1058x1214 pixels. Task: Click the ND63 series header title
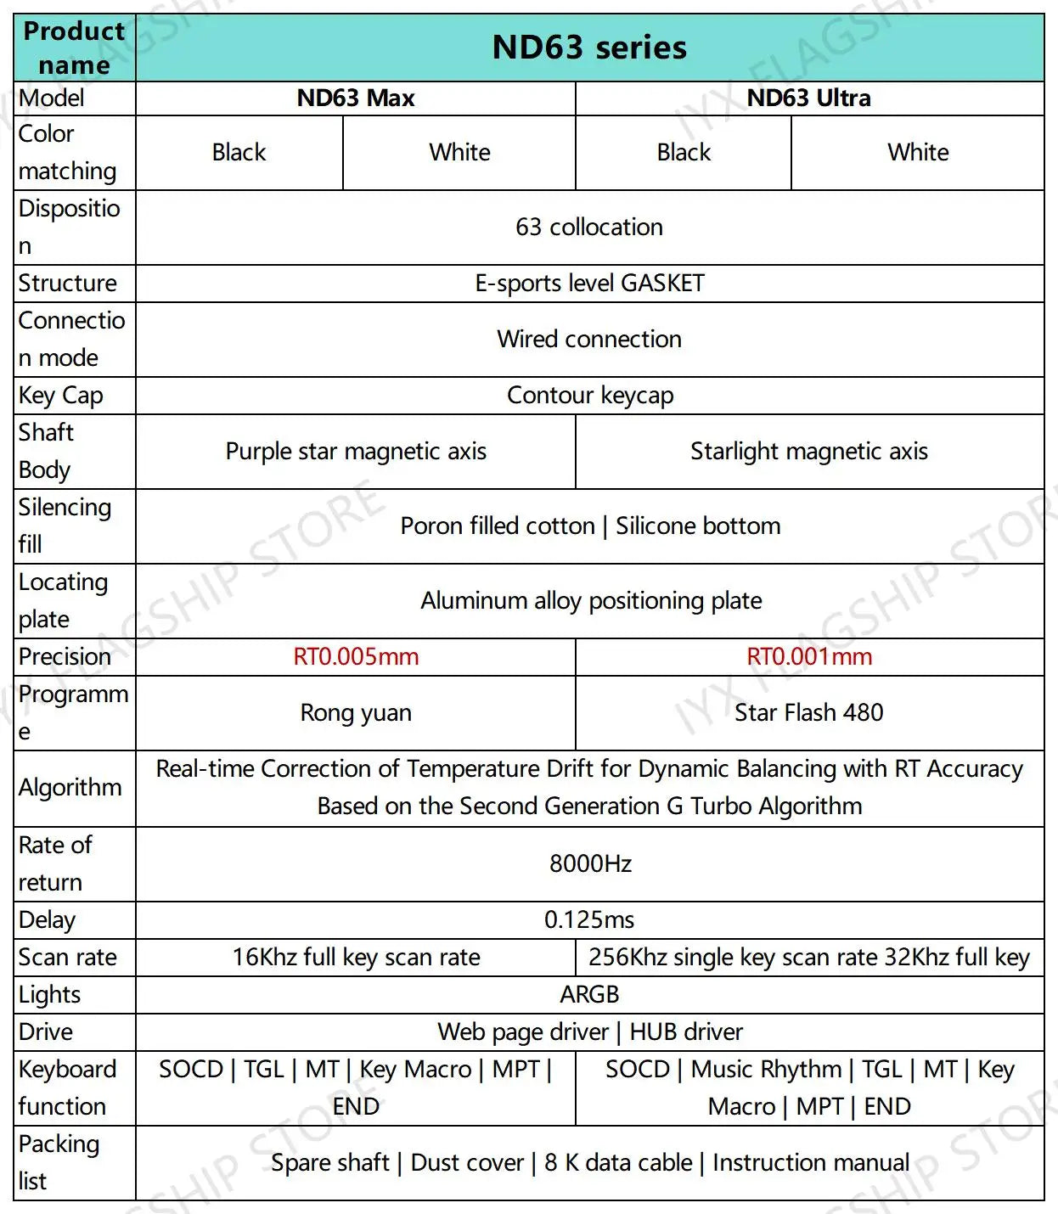coord(589,48)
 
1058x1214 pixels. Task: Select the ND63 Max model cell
coord(356,98)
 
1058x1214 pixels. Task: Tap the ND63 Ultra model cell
coord(808,98)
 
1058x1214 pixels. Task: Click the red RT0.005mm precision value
coord(356,657)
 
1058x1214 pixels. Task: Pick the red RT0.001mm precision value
coord(808,657)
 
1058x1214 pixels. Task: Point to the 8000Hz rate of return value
coord(590,864)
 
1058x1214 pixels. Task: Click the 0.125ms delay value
coord(589,920)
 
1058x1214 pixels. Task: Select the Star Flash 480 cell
coord(808,713)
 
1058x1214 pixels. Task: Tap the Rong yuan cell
coord(356,713)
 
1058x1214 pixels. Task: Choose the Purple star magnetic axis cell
coord(356,452)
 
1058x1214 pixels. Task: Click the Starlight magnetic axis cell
coord(808,452)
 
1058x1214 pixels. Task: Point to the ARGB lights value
coord(589,995)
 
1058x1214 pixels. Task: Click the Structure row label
coord(68,284)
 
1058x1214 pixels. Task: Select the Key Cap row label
coord(61,396)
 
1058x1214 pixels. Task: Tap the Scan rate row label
coord(68,958)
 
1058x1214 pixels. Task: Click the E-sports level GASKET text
coord(589,284)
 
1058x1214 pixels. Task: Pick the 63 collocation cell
coord(589,228)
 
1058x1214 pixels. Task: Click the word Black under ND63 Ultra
coord(684,153)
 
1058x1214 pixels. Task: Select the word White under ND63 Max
coord(459,153)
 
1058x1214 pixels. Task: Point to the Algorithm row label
coord(70,788)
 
